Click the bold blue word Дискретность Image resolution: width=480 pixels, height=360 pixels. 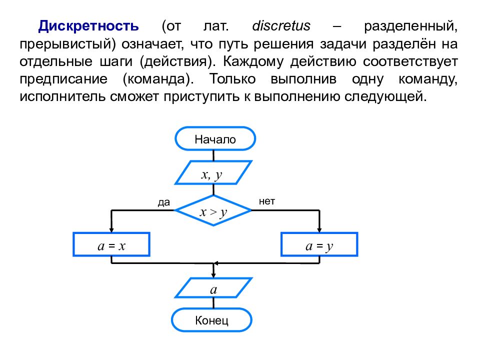point(88,26)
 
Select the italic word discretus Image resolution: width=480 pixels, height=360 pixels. point(281,25)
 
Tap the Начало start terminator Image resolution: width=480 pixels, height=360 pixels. point(215,138)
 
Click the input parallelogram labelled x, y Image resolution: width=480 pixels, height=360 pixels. point(213,172)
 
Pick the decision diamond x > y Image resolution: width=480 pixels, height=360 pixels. point(213,210)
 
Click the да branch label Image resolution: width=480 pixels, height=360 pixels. point(164,202)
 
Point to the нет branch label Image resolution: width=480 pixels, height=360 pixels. point(267,201)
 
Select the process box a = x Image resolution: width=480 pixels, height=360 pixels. point(111,244)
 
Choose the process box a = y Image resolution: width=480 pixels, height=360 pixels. point(319,244)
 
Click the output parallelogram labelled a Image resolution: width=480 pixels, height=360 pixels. point(213,288)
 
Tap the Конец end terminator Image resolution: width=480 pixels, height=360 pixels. point(211,320)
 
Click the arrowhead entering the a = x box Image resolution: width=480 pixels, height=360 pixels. point(111,230)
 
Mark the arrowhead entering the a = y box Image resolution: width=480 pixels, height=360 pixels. point(319,230)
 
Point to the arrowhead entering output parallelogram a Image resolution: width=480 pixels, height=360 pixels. point(213,275)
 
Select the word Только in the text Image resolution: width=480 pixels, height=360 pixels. point(232,79)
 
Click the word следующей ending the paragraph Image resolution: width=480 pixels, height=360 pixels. point(385,96)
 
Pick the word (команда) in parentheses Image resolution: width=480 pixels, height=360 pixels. point(158,79)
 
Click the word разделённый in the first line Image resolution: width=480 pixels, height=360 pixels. point(411,26)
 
